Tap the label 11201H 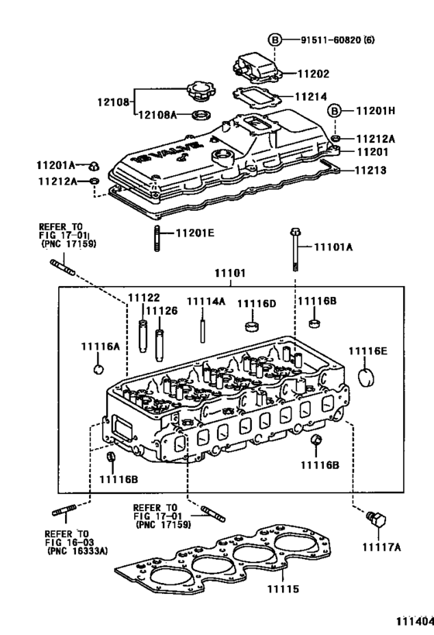coord(374,111)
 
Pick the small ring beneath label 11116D coord(251,323)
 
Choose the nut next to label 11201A coord(93,164)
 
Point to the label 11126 coord(162,311)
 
